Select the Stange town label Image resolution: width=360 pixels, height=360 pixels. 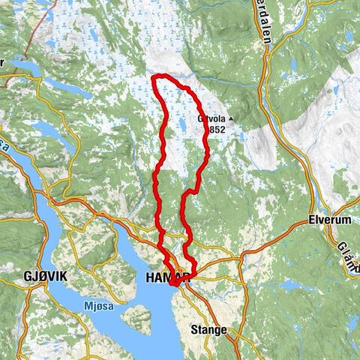click(208, 328)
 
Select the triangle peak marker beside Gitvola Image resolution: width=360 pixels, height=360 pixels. click(232, 118)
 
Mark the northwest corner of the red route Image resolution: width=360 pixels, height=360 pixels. click(153, 77)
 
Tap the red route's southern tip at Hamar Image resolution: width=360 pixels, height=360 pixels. click(172, 284)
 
